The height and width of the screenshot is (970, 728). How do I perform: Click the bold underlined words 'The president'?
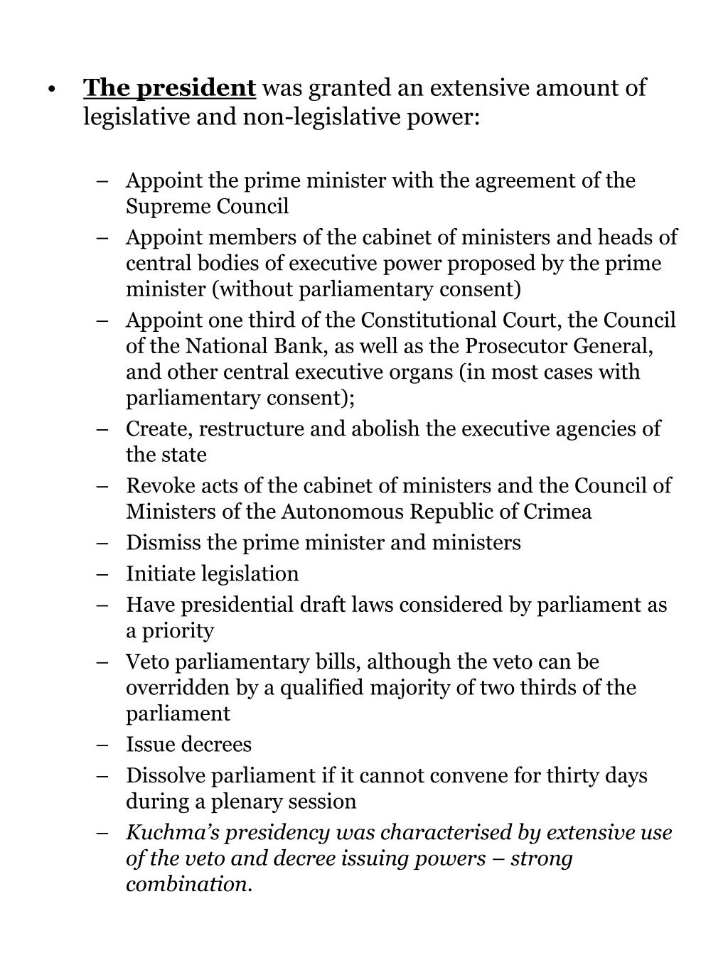click(x=169, y=88)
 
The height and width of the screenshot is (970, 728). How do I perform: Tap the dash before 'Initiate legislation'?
click(x=105, y=574)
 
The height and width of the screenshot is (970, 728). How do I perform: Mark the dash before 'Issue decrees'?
click(x=105, y=745)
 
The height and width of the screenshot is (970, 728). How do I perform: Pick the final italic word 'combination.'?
click(x=190, y=884)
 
